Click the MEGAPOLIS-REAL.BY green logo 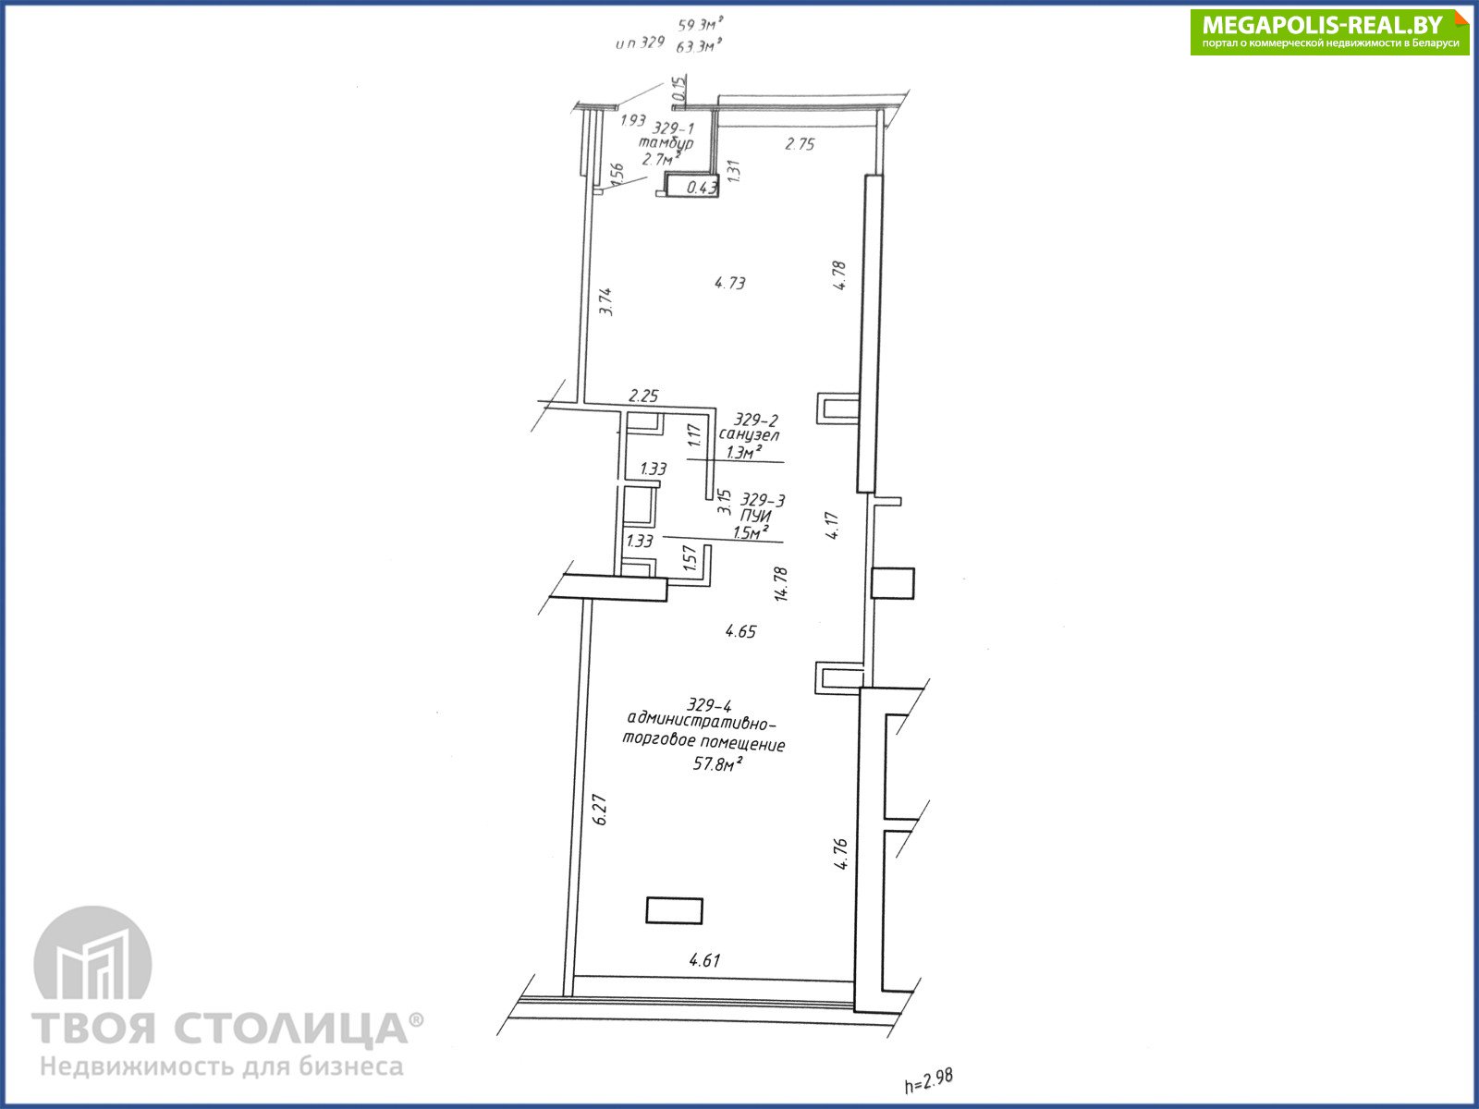[1329, 31]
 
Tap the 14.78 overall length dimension [780, 584]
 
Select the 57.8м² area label [717, 763]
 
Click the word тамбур [666, 143]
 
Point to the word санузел [750, 435]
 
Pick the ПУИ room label [755, 516]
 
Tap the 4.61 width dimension [704, 960]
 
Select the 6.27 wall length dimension [599, 810]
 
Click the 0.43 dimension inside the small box [702, 188]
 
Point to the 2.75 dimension [800, 143]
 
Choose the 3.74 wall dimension [605, 301]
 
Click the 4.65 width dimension [740, 631]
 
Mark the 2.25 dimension [642, 396]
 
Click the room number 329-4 [709, 705]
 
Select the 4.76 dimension [840, 854]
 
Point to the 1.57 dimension [689, 557]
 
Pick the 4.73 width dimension [729, 283]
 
